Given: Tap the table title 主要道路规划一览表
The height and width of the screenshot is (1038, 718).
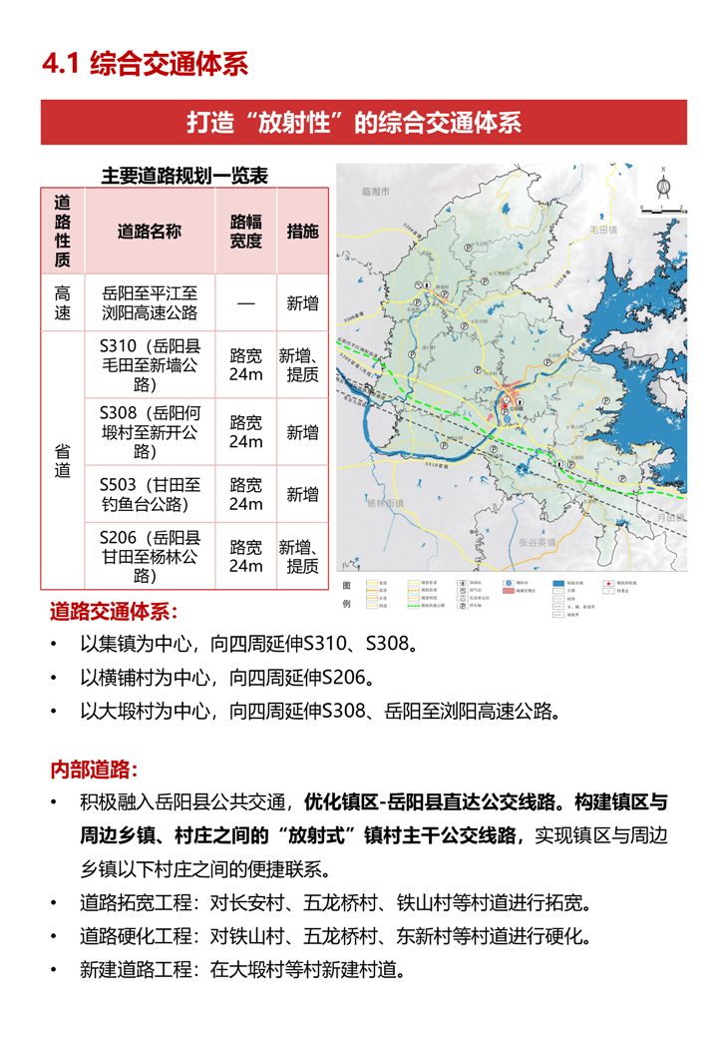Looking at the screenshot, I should click(x=184, y=176).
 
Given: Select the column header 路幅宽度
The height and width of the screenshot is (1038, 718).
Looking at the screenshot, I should click(x=245, y=232).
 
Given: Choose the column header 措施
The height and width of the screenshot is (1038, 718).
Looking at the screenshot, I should click(x=302, y=232).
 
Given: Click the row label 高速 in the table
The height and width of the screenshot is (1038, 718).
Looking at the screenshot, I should click(x=62, y=303).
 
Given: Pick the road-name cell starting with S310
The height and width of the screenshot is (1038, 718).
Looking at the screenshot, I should click(x=150, y=364).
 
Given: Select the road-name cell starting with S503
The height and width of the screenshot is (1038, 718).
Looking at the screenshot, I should click(x=150, y=494).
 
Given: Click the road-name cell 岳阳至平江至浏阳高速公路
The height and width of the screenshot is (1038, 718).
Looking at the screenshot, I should click(x=150, y=303).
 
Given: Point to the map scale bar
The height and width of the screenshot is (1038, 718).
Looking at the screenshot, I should click(x=660, y=211).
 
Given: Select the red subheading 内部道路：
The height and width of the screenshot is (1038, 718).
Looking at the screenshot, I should click(x=95, y=771).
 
